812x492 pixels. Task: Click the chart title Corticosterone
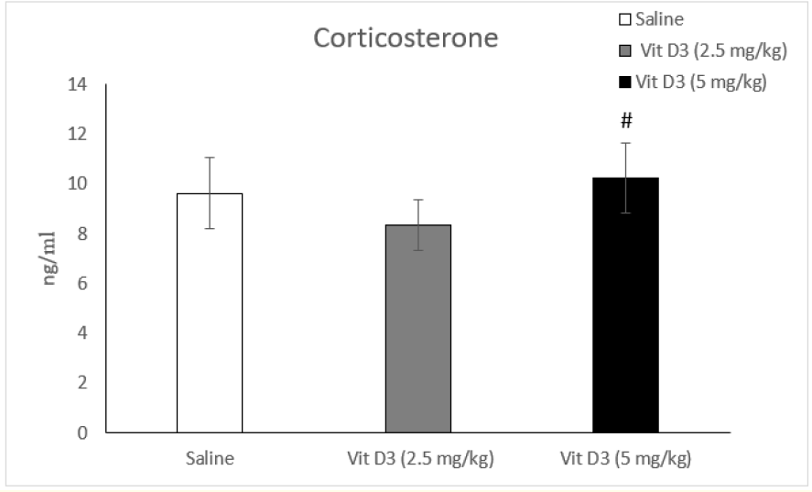click(406, 39)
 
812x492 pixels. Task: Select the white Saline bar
click(209, 312)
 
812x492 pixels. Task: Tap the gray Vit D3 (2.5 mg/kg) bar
click(417, 328)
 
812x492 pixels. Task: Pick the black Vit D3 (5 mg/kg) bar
click(625, 304)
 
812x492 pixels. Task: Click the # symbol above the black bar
click(626, 121)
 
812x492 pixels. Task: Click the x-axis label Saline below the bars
click(209, 458)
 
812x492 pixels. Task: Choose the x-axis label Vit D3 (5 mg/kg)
click(626, 458)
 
